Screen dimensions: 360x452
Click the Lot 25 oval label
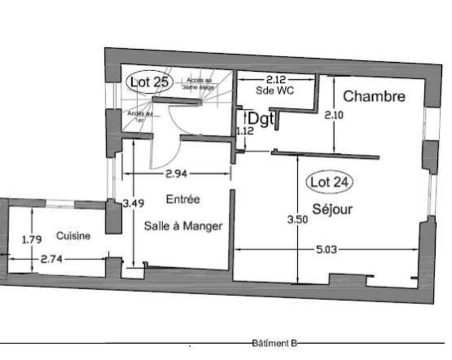tap(149, 82)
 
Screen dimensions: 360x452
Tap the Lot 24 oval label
tap(329, 182)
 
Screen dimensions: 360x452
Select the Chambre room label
tap(374, 97)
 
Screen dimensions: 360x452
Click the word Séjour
tap(333, 209)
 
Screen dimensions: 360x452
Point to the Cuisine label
tap(72, 236)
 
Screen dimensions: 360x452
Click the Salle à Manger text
tap(182, 226)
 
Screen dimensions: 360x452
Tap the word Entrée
tap(182, 199)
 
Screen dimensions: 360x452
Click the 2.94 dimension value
tap(176, 174)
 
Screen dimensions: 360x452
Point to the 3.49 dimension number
tap(133, 203)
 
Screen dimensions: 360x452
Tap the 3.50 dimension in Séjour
tap(298, 220)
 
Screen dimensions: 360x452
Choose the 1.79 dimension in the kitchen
tap(32, 240)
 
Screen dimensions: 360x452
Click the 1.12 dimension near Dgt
tap(245, 131)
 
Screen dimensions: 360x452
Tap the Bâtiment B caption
tap(275, 343)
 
